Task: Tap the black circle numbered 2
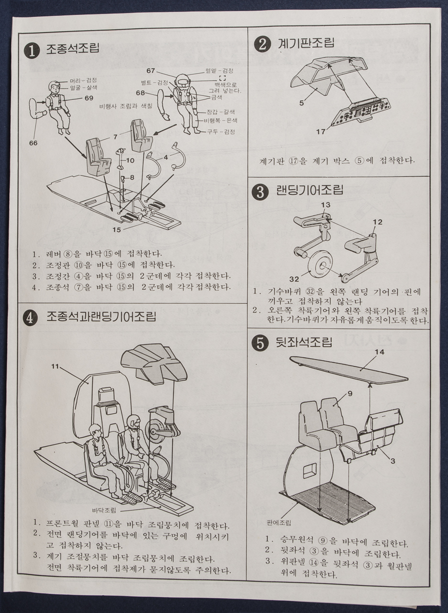(262, 45)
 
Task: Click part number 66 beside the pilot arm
(33, 143)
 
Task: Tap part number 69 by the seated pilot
(88, 98)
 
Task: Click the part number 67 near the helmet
(151, 71)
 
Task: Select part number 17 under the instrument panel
(321, 131)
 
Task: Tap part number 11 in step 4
(55, 367)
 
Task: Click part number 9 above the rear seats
(350, 394)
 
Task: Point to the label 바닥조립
(104, 510)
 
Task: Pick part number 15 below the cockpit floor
(116, 230)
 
